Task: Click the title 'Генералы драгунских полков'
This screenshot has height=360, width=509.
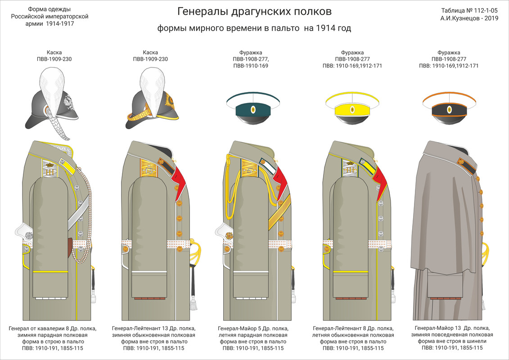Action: (254, 11)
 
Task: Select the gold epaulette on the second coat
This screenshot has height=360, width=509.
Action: (149, 169)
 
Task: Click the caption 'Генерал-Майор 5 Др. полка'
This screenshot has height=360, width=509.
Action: (253, 328)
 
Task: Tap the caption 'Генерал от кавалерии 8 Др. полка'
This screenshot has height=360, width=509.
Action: (52, 328)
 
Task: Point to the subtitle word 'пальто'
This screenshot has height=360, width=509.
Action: (286, 28)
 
